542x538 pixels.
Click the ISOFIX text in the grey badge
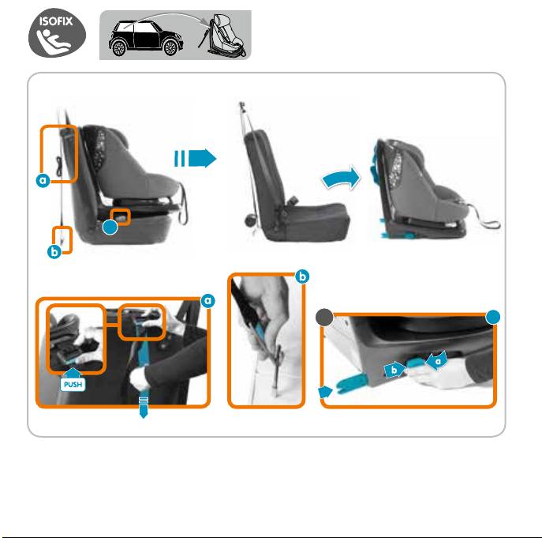(56, 21)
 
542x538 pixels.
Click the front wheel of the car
(170, 47)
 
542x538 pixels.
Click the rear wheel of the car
(118, 47)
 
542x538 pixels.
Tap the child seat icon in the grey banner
(222, 36)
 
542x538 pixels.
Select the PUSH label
(73, 384)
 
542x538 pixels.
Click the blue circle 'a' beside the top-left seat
(43, 180)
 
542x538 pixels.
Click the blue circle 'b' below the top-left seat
(54, 252)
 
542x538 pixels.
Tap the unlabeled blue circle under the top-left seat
(110, 227)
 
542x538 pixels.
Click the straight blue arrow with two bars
(196, 158)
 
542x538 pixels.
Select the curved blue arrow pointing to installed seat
(341, 178)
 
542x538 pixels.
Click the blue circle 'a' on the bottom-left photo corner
(207, 300)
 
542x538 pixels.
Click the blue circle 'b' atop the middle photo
(302, 277)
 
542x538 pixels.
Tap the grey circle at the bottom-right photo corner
(324, 318)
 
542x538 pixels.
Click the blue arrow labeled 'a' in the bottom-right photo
(437, 361)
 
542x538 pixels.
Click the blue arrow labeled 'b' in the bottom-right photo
(394, 370)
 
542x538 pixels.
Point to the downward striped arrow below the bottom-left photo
(144, 408)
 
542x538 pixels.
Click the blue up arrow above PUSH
(73, 373)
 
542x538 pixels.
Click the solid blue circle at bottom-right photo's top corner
(493, 317)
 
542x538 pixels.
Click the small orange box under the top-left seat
(120, 217)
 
